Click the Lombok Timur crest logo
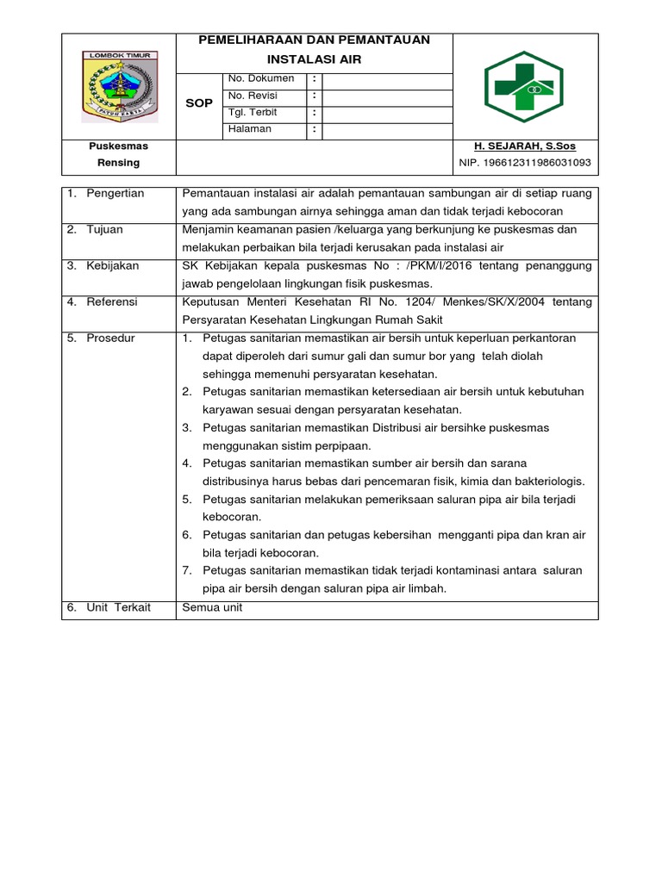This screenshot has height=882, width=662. pyautogui.click(x=119, y=86)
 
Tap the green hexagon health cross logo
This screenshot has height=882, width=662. pyautogui.click(x=524, y=86)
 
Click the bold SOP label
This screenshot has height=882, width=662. pyautogui.click(x=199, y=103)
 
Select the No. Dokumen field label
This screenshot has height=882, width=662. pyautogui.click(x=261, y=78)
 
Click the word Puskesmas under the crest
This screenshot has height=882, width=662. pyautogui.click(x=119, y=146)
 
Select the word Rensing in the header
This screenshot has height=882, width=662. pyautogui.click(x=119, y=162)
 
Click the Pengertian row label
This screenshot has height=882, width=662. pyautogui.click(x=115, y=193)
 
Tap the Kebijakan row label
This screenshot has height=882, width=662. pyautogui.click(x=112, y=266)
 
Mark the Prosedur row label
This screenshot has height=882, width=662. pyautogui.click(x=110, y=339)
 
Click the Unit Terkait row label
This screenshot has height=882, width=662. pyautogui.click(x=118, y=607)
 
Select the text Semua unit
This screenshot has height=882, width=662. pyautogui.click(x=212, y=607)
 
